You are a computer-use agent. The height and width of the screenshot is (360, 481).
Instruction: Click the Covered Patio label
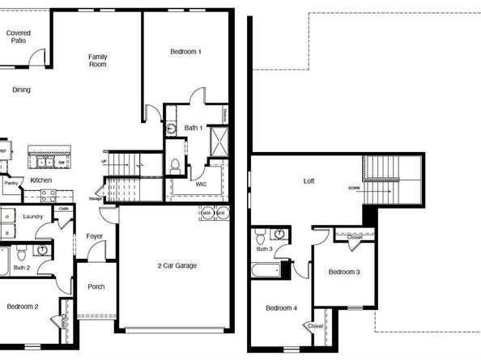[x=18, y=36]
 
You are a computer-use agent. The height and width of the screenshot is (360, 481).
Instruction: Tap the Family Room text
[x=98, y=60]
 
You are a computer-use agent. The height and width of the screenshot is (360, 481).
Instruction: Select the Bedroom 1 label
[x=185, y=52]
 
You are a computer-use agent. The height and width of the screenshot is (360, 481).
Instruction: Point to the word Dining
[x=21, y=90]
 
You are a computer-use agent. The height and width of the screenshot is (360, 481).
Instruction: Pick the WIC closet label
[x=202, y=184]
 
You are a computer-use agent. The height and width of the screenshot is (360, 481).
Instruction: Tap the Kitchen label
[x=41, y=180]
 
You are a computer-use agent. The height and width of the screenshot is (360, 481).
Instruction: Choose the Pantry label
[x=11, y=184]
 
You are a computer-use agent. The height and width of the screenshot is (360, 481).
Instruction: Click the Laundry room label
[x=33, y=216]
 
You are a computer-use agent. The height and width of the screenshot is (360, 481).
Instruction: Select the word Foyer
[x=94, y=236]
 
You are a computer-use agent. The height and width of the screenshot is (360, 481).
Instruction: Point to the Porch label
[x=96, y=286]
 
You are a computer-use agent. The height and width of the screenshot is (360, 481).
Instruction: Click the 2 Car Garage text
[x=177, y=265]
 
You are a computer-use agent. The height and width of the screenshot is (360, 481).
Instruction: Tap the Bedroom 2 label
[x=23, y=307]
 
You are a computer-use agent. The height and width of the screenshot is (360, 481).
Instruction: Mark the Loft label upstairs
[x=308, y=181]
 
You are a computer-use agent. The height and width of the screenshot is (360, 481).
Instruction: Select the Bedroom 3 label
[x=344, y=272]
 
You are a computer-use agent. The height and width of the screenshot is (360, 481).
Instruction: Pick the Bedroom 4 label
[x=282, y=308]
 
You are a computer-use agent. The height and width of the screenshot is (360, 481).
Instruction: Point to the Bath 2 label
[x=22, y=267]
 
